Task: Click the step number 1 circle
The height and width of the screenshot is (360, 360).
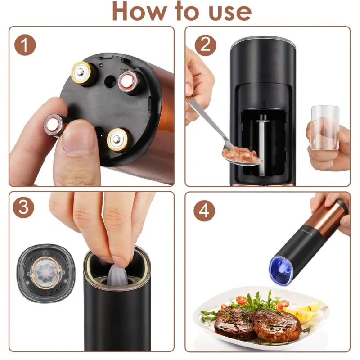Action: pyautogui.click(x=25, y=45)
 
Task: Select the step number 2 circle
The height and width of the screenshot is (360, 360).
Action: pyautogui.click(x=205, y=45)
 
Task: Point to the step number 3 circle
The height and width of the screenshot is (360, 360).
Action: pyautogui.click(x=23, y=207)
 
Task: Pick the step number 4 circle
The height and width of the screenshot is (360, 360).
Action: pyautogui.click(x=204, y=211)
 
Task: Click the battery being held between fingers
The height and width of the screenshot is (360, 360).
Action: pyautogui.click(x=54, y=126)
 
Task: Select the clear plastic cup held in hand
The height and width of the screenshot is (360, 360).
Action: pyautogui.click(x=325, y=128)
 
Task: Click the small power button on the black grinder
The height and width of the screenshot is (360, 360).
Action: pyautogui.click(x=264, y=103)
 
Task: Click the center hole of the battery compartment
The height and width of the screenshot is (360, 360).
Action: pyautogui.click(x=110, y=81)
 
